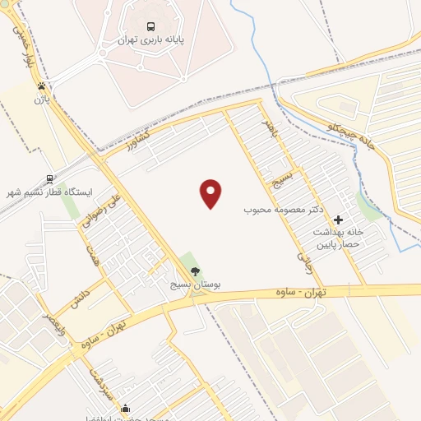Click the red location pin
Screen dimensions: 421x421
(211, 193)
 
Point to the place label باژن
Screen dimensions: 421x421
(38, 99)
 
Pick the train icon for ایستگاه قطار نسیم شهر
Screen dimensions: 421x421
(50, 179)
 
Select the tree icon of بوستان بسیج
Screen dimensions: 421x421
(195, 272)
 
